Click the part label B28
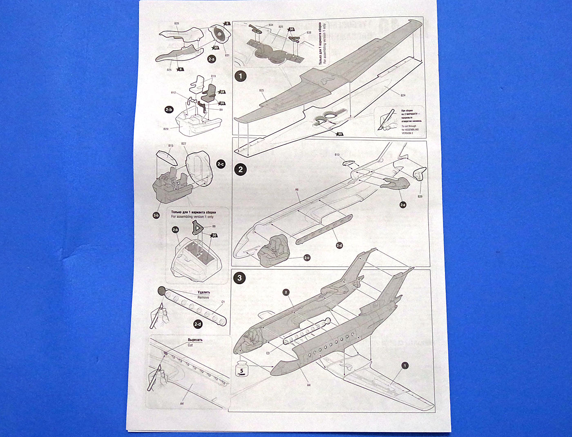177,24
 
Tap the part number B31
227,55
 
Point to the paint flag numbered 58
222,92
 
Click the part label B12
174,93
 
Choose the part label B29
166,129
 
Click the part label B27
183,144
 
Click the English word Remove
203,298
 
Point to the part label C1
223,302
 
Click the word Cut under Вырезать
190,345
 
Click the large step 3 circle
239,278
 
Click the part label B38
309,32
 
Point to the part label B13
337,155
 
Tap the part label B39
420,196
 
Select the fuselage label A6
297,190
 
